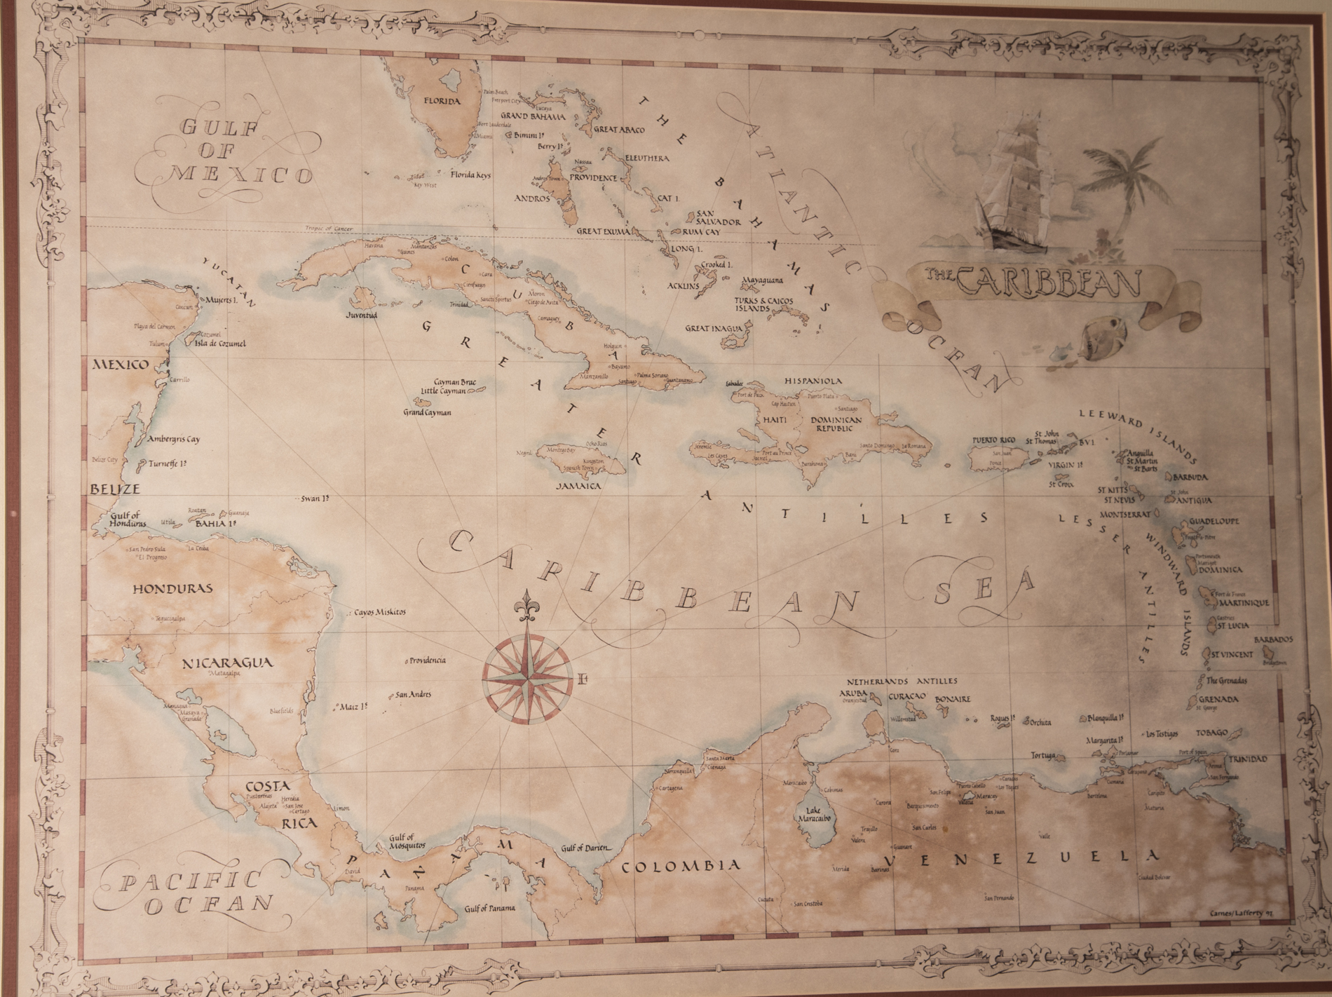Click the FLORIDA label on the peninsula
441,101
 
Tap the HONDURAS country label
172,589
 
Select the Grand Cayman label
426,412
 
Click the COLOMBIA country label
681,865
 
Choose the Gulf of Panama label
489,908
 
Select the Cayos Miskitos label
379,611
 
